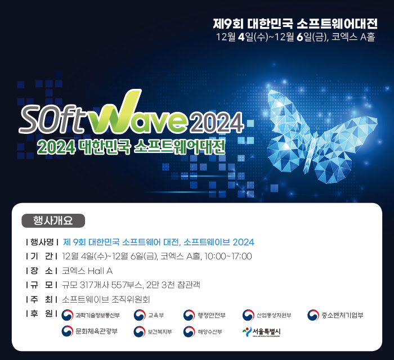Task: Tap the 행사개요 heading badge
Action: [x=53, y=220]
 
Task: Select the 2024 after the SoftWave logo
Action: [x=217, y=120]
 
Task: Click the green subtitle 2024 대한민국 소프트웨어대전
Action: [x=131, y=148]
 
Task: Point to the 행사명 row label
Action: [x=42, y=242]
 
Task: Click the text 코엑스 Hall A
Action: [x=87, y=271]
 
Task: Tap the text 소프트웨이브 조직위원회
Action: [x=106, y=299]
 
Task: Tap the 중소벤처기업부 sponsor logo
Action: [x=335, y=315]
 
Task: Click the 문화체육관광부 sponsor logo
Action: [x=90, y=332]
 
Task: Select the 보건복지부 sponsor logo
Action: [x=153, y=332]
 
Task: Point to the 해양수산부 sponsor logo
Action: [x=203, y=332]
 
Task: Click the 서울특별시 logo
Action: [x=261, y=332]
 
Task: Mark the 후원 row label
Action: [x=42, y=313]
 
